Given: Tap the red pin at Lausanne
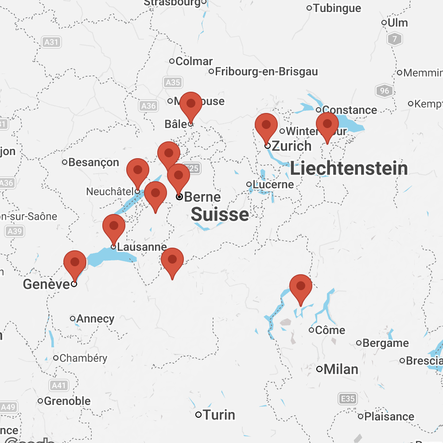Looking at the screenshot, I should (x=114, y=226).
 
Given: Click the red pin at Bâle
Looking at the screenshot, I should (x=191, y=105).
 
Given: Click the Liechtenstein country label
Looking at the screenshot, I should (x=349, y=169).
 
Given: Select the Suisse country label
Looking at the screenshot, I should (x=220, y=215).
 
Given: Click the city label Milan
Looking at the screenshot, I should (x=341, y=369).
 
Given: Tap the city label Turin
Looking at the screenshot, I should (x=220, y=415).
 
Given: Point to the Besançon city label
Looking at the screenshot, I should (x=94, y=163).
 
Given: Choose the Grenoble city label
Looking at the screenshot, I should (x=67, y=401).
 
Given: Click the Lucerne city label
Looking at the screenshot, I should (x=273, y=184).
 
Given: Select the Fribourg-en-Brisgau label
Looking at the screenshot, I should (x=266, y=71).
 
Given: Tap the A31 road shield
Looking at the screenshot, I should (x=51, y=43).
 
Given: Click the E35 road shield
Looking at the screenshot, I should (x=348, y=399).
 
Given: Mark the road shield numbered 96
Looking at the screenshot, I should (x=384, y=91).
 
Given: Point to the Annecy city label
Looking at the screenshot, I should (x=95, y=319).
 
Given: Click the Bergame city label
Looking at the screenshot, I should (x=385, y=343).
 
